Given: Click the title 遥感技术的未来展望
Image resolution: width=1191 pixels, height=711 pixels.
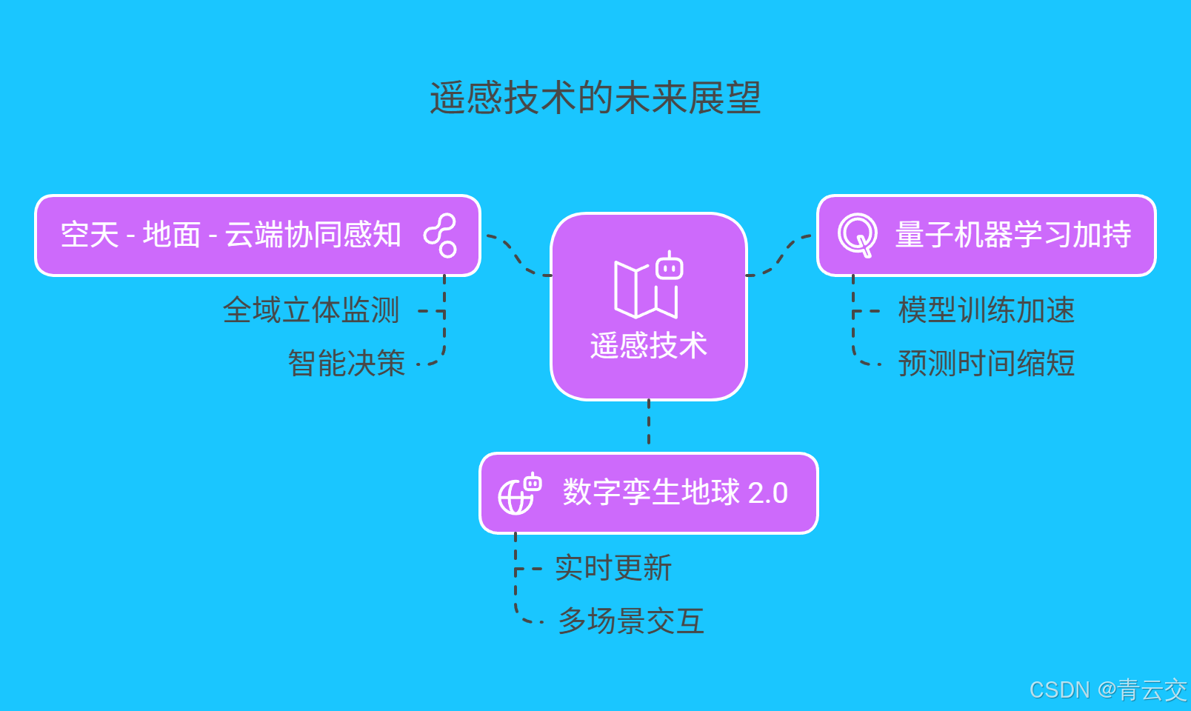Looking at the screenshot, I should (x=595, y=98).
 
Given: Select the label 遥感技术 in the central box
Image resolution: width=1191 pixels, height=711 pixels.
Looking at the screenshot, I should (x=648, y=345).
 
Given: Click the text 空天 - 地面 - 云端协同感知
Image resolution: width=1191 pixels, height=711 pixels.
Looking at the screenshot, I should (x=230, y=235).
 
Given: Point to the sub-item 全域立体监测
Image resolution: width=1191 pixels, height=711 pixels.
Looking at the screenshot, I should (x=311, y=310).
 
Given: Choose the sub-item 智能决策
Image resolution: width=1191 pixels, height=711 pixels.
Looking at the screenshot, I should (x=346, y=364).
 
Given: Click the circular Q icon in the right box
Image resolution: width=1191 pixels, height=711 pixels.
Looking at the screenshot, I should (x=857, y=235).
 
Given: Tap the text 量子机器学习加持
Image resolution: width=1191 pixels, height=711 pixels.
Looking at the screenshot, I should (x=1012, y=235).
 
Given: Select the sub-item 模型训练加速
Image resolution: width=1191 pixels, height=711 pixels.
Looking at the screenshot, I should (x=986, y=310).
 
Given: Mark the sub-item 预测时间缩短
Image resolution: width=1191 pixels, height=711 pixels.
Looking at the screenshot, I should (x=986, y=364).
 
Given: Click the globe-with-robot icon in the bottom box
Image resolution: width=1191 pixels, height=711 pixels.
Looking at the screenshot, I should (x=519, y=493).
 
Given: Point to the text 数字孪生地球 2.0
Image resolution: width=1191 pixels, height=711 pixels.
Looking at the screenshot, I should (x=675, y=493).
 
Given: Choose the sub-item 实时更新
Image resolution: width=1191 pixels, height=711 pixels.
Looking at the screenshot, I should (x=613, y=568).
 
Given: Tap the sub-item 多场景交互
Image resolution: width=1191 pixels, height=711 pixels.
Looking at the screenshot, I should (x=631, y=621).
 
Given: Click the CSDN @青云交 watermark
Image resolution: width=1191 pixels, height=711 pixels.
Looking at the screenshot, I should (x=1108, y=690).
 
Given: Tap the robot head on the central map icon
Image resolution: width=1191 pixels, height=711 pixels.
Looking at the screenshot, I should (x=670, y=266).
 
